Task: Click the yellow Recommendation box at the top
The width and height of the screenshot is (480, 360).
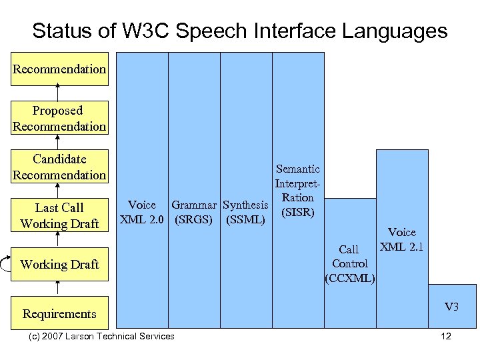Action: [x=59, y=69]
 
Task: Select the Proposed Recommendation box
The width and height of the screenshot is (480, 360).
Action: [x=59, y=118]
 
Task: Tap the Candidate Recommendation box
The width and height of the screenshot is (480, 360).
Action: [x=59, y=167]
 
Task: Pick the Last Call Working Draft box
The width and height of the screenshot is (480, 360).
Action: [x=59, y=215]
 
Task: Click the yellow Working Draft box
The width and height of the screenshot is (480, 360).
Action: [x=59, y=264]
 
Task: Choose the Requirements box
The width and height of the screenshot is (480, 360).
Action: [x=59, y=313]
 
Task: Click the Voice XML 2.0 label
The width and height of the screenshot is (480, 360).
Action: [x=141, y=212]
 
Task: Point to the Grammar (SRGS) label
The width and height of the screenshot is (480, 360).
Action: [x=194, y=212]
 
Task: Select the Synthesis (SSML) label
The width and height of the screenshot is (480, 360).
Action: [x=246, y=212]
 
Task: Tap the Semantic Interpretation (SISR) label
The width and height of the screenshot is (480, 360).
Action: [x=298, y=191]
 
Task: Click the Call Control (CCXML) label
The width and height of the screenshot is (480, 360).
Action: [x=350, y=263]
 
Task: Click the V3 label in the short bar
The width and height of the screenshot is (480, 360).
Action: [x=452, y=307]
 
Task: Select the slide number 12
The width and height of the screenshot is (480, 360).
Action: [x=446, y=336]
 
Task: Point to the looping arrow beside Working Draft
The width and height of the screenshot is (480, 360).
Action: [x=5, y=264]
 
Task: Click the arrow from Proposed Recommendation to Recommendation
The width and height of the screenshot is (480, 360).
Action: [x=59, y=93]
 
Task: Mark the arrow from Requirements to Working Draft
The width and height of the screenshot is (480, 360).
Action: [x=59, y=288]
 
